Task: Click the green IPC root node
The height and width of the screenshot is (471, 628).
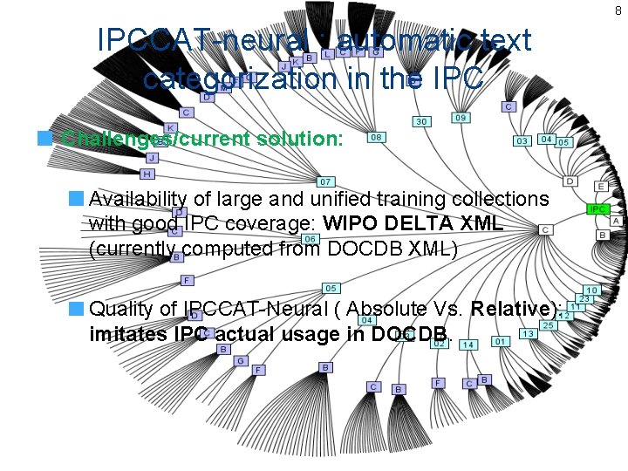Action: [x=597, y=209]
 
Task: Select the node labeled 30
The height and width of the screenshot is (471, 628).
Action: [x=421, y=122]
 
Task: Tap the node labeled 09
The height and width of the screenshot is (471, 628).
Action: [x=461, y=118]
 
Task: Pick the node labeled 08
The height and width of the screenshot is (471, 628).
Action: [x=377, y=137]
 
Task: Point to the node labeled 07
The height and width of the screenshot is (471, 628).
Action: [x=324, y=181]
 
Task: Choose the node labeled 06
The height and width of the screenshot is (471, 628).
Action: [x=309, y=239]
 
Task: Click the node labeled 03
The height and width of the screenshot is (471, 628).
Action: [x=522, y=140]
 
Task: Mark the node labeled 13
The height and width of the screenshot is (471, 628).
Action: [x=528, y=334]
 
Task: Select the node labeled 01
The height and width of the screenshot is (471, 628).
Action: [x=499, y=341]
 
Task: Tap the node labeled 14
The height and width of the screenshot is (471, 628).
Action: [x=468, y=345]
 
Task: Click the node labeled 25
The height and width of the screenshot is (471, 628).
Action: [x=548, y=325]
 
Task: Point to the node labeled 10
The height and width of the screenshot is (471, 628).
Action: [x=591, y=290]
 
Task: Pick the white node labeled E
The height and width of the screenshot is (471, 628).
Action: [x=601, y=187]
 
